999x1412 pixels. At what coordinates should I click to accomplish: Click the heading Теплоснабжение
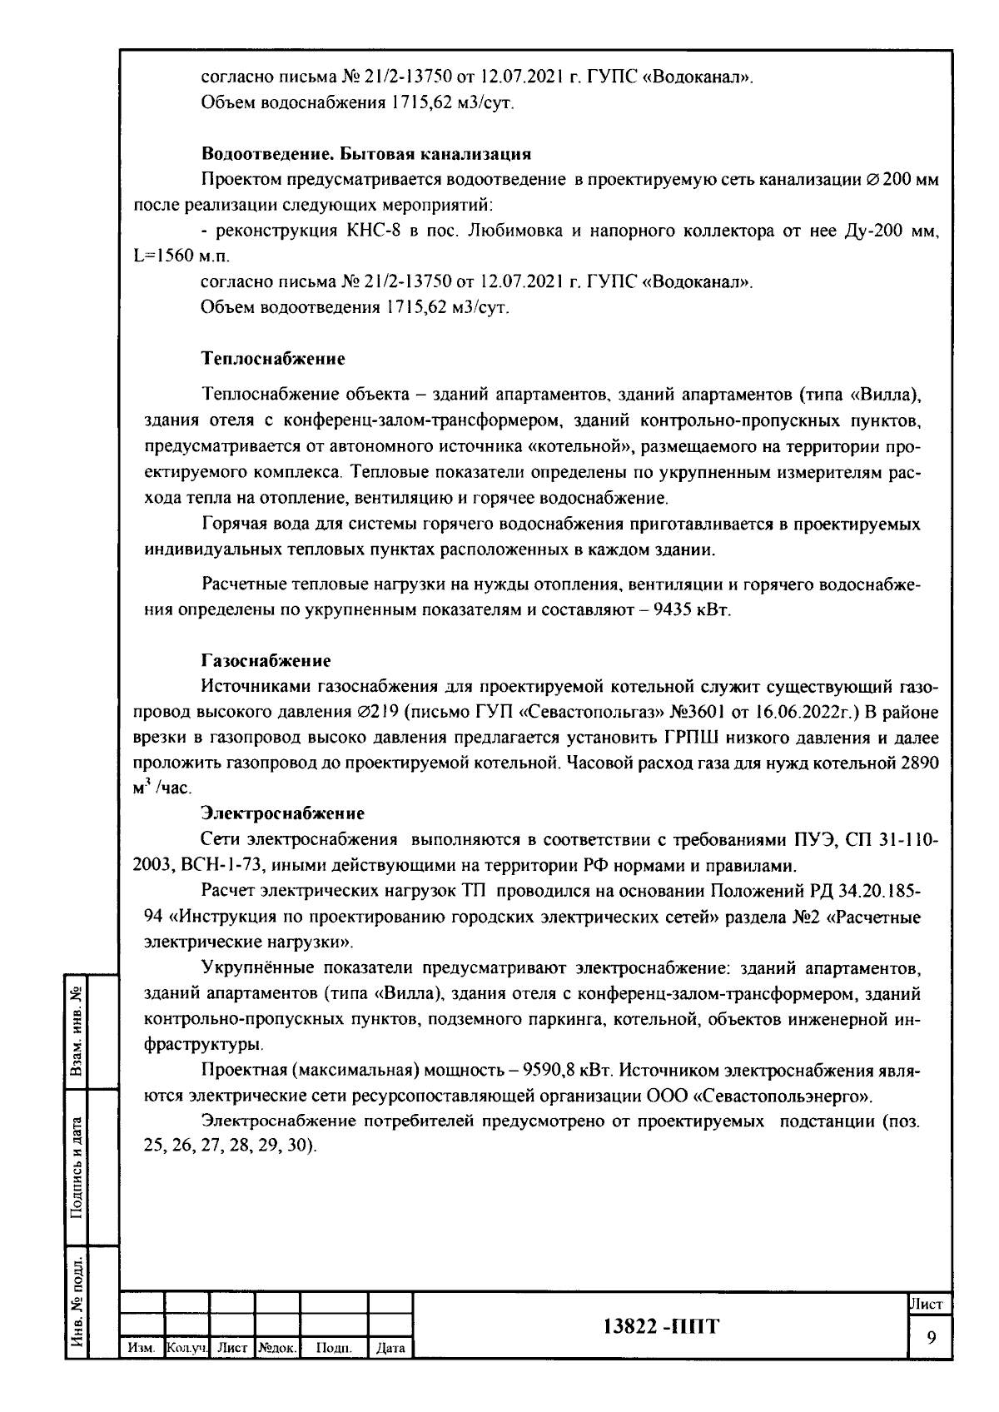point(273,360)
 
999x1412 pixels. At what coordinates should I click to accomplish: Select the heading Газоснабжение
point(266,660)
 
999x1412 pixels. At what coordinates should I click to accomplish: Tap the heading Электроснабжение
point(282,812)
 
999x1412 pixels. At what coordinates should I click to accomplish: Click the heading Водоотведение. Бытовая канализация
point(366,154)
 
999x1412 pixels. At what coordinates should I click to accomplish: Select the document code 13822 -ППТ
point(660,1326)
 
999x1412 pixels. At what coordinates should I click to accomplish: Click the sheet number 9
point(931,1337)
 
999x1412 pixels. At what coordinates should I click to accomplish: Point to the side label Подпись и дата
point(77,1167)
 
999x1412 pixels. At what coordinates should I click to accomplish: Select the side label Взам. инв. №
point(77,1030)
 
